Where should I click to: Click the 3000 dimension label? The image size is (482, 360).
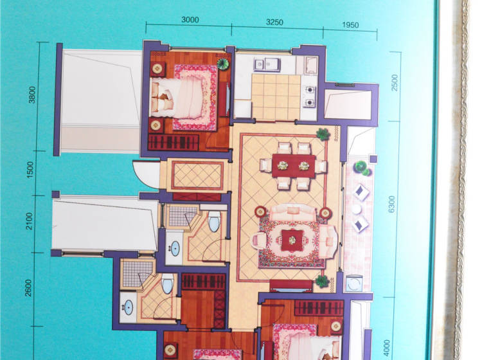(190, 20)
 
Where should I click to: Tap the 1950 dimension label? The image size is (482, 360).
(350, 25)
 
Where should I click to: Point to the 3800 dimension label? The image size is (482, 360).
(32, 95)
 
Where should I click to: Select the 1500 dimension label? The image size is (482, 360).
(30, 170)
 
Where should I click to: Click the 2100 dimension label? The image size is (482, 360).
(29, 221)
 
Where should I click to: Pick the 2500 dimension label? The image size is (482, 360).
(395, 83)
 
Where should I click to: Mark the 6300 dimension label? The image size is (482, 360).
(391, 204)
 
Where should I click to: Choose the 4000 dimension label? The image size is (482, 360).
(387, 348)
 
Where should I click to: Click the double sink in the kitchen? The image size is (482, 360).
(267, 64)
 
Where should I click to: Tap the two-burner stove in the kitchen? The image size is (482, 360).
(310, 96)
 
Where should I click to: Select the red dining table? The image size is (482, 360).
(294, 166)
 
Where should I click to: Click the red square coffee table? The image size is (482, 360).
(292, 240)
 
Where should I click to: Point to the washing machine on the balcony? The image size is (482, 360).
(354, 283)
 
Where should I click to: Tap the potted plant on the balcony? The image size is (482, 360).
(361, 168)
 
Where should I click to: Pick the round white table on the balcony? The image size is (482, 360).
(357, 209)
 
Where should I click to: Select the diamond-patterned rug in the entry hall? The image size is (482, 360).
(197, 175)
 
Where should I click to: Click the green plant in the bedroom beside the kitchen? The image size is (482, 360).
(223, 63)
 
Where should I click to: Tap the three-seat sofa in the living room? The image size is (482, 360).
(293, 212)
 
